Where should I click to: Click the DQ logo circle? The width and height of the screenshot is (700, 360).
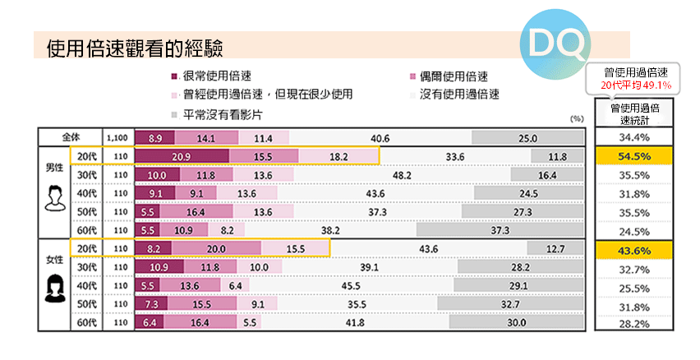point(552,42)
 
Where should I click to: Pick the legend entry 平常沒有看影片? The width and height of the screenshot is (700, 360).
point(216,113)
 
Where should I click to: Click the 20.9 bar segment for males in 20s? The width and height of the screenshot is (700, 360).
point(182,156)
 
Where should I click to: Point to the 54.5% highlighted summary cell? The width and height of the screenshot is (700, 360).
point(634,156)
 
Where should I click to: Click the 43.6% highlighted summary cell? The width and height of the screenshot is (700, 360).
point(634,250)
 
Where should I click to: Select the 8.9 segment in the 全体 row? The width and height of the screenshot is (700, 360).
point(154,138)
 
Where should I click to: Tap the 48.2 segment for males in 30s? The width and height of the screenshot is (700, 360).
point(403,175)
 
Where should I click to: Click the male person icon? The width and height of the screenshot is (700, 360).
point(54,198)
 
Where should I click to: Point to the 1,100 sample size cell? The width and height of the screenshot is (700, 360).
point(115,138)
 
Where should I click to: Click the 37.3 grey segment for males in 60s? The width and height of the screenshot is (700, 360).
point(500,231)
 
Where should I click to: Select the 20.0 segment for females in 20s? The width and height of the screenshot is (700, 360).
point(216,249)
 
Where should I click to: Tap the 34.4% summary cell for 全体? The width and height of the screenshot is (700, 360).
point(634,137)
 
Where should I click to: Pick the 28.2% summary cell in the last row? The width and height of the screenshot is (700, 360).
point(634,324)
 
